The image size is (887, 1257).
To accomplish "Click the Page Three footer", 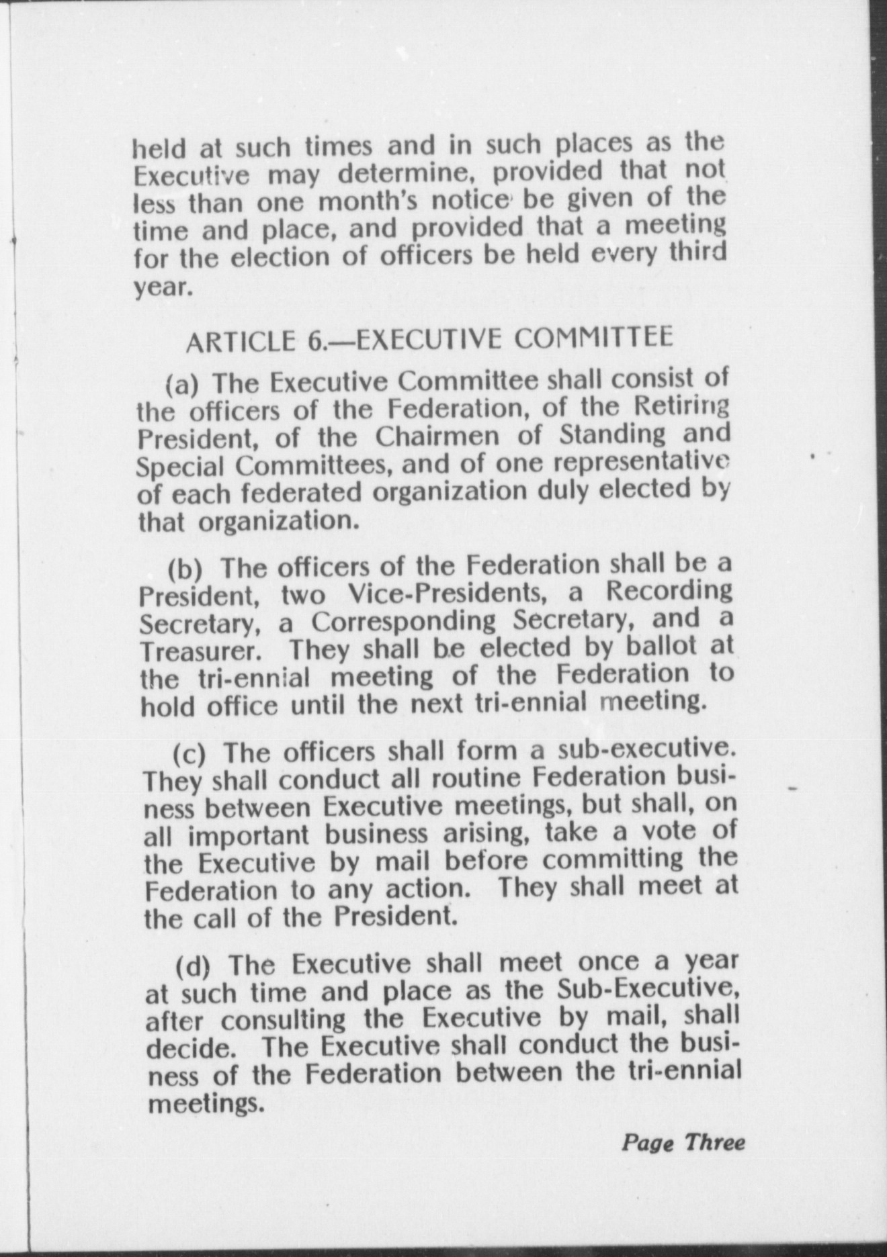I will (682, 1142).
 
